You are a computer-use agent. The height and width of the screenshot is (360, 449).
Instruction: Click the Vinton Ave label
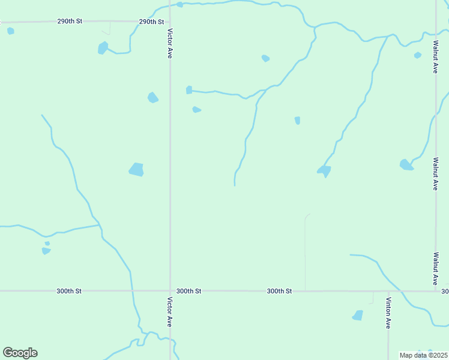pos(388,313)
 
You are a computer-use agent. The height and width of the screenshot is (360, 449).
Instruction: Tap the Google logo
pos(20,353)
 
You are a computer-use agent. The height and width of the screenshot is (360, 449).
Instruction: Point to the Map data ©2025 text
pos(423,355)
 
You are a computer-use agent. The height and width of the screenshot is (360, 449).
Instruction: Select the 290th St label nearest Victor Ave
pos(151,22)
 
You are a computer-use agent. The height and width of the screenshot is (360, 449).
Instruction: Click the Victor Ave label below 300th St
pos(170,312)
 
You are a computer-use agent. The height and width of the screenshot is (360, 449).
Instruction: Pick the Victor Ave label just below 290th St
pos(170,43)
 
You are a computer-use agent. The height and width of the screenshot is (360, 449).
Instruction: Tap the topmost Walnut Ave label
pos(435,58)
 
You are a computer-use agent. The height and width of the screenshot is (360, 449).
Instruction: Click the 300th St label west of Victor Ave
pos(69,291)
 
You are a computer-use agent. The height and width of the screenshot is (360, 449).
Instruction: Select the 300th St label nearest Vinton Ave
pos(279,291)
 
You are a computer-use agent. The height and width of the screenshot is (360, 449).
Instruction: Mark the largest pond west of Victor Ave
pos(137,170)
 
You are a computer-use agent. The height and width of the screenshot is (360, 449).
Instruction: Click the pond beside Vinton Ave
pos(358,315)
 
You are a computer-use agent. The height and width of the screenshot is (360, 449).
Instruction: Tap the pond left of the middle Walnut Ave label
pos(406,164)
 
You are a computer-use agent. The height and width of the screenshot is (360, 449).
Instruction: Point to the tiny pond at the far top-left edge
pos(10,31)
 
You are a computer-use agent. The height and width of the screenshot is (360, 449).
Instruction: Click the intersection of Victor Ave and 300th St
pos(170,291)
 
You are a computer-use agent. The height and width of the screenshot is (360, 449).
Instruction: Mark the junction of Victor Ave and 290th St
pos(170,22)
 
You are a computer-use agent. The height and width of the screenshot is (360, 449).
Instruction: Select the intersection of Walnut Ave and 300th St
pos(436,291)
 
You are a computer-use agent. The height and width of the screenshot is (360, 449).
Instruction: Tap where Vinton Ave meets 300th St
pos(388,291)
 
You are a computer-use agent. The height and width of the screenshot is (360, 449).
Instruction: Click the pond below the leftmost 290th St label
pos(103,47)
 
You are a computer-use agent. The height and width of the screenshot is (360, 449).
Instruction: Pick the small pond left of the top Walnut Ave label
pos(418,55)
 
